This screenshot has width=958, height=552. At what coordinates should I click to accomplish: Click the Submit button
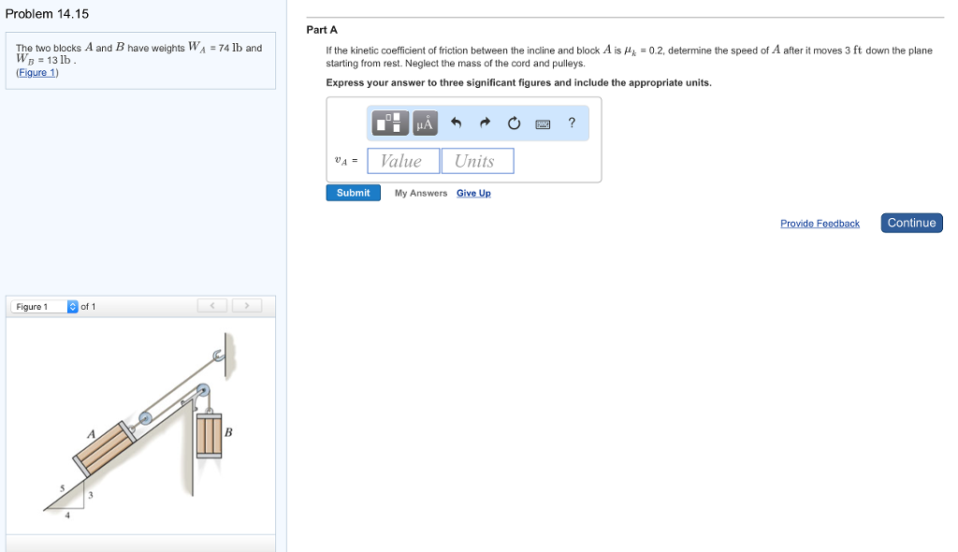click(353, 193)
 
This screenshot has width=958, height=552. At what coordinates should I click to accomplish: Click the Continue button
click(911, 223)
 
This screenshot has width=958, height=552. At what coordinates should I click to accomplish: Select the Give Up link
click(473, 194)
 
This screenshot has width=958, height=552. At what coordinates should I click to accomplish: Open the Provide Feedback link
click(820, 224)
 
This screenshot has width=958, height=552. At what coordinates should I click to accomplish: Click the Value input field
click(403, 161)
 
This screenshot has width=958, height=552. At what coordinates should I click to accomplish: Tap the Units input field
click(477, 161)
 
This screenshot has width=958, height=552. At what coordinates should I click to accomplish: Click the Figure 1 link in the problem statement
click(37, 73)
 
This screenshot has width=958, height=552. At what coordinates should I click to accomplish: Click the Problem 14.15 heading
click(47, 13)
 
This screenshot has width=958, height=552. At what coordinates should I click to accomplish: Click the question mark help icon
click(572, 123)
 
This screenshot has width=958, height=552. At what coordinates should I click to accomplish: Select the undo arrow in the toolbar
click(456, 123)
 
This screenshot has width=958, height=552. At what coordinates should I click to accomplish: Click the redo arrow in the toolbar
click(485, 123)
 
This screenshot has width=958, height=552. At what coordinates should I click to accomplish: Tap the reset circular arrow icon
click(514, 123)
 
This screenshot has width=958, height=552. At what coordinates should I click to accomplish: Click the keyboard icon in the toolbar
click(543, 123)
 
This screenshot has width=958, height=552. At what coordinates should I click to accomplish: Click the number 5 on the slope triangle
click(63, 487)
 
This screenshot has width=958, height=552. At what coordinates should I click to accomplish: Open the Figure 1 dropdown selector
click(73, 307)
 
